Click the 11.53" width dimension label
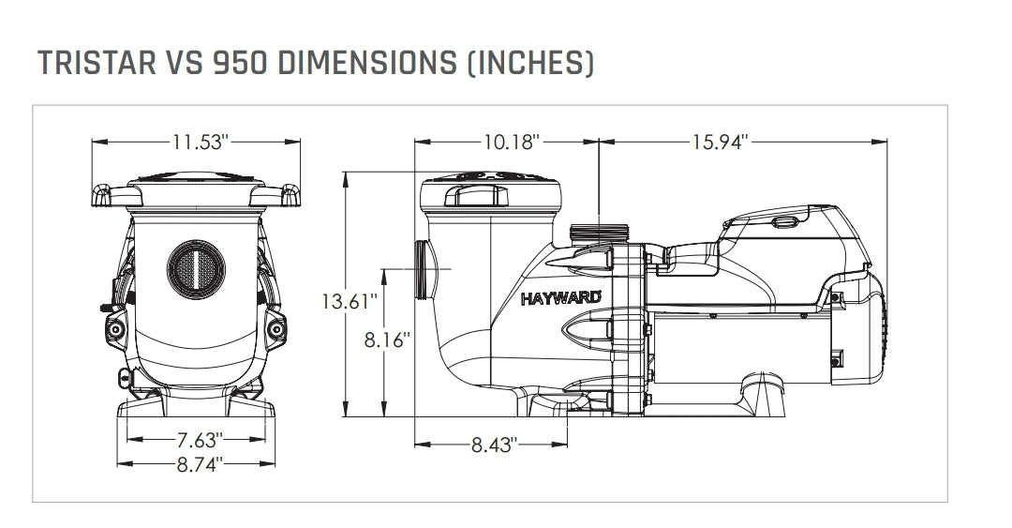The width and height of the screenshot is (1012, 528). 200,143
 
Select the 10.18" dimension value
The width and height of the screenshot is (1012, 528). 513,143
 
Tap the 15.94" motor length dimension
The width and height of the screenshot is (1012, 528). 720,143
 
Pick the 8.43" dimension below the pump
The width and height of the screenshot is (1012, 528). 493,445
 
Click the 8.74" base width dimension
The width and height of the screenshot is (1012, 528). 198,464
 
